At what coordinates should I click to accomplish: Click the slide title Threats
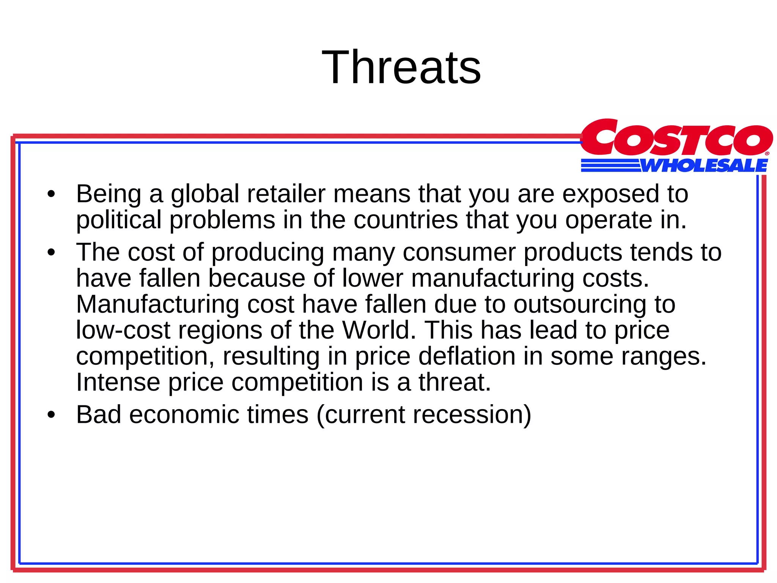[x=401, y=68]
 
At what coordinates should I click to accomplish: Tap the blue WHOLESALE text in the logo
[x=704, y=166]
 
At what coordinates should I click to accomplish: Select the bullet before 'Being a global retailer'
[x=51, y=195]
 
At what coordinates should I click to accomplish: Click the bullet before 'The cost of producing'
[x=51, y=253]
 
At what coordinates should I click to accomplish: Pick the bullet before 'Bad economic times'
[x=51, y=415]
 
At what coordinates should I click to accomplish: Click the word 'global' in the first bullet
[x=205, y=194]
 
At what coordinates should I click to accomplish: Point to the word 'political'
[x=119, y=220]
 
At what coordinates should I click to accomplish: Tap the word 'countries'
[x=406, y=220]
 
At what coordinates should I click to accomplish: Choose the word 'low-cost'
[x=123, y=330]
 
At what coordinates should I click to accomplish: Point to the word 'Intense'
[x=118, y=382]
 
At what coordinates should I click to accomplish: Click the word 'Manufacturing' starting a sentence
[x=157, y=304]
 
